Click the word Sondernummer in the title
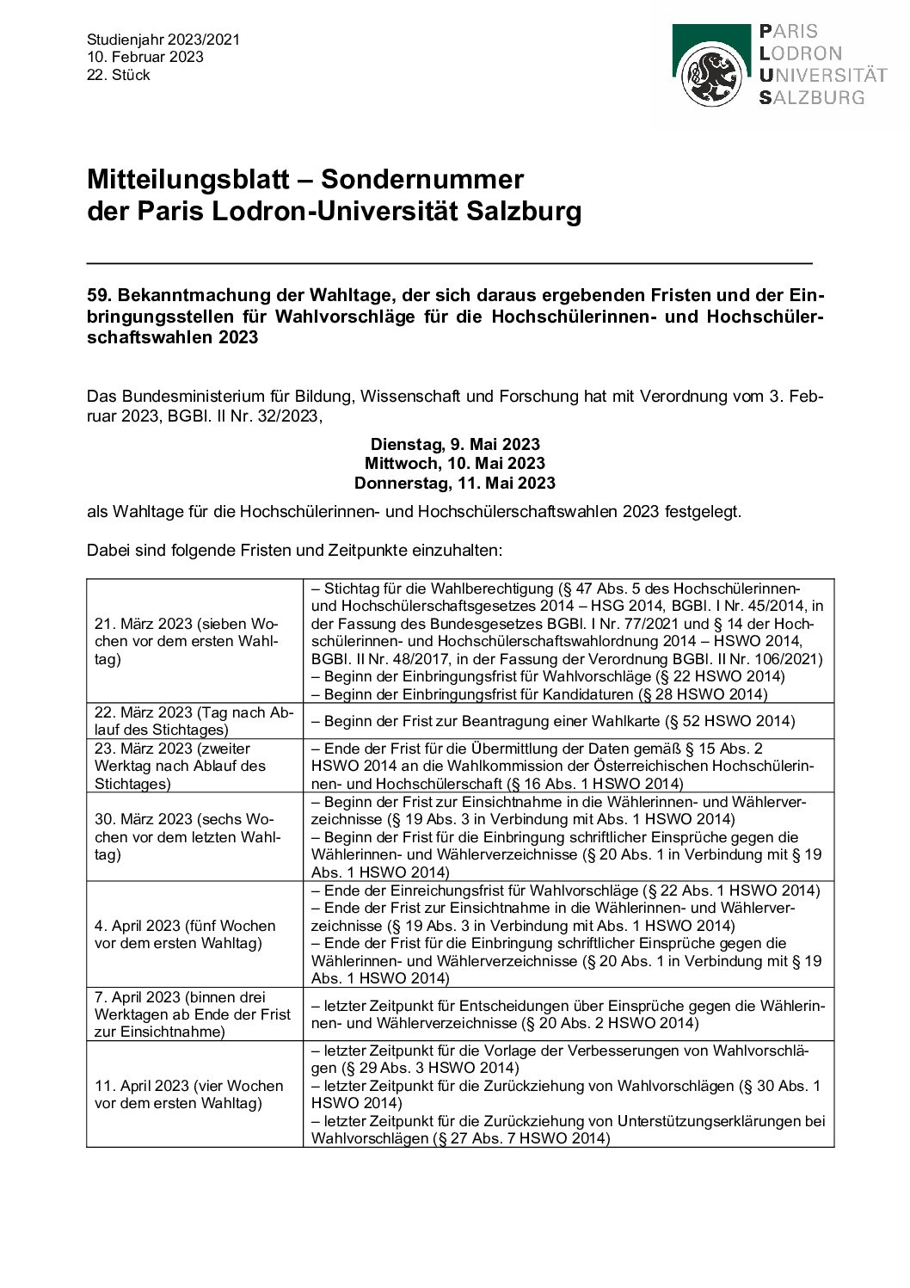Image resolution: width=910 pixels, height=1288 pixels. pyautogui.click(x=421, y=179)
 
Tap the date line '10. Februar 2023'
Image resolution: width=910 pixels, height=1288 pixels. pyautogui.click(x=145, y=57)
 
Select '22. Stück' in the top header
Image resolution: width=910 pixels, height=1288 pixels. pyautogui.click(x=119, y=75)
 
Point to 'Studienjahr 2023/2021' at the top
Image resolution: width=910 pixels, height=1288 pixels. pyautogui.click(x=163, y=40)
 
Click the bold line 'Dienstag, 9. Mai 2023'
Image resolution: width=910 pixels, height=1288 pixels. pyautogui.click(x=455, y=444)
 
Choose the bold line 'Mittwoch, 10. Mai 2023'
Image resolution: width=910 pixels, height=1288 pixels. pyautogui.click(x=455, y=463)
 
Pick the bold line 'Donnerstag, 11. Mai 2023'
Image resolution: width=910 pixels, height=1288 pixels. pyautogui.click(x=455, y=483)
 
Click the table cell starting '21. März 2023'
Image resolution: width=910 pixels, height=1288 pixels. pyautogui.click(x=194, y=641)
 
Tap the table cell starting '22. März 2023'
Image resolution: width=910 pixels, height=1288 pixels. pyautogui.click(x=194, y=721)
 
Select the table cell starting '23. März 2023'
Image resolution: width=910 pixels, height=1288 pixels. pyautogui.click(x=194, y=766)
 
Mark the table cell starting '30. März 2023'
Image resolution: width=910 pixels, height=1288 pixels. pyautogui.click(x=194, y=836)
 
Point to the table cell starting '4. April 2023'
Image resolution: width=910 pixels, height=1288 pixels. pyautogui.click(x=194, y=934)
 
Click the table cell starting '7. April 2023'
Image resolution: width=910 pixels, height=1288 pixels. pyautogui.click(x=194, y=1014)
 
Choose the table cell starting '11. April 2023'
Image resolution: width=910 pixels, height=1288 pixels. pyautogui.click(x=194, y=1094)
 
